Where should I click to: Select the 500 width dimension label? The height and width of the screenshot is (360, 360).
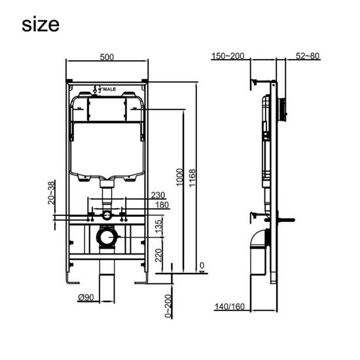click(x=107, y=57)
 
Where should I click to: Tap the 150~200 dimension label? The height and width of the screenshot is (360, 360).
click(x=228, y=56)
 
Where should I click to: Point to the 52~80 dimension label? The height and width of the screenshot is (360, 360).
click(x=307, y=56)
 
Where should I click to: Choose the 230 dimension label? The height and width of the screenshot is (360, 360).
click(x=158, y=194)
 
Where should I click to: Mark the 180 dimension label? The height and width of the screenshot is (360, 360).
click(x=162, y=205)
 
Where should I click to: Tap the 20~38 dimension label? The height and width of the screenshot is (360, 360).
click(x=52, y=193)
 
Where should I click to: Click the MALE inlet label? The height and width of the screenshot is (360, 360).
click(x=106, y=86)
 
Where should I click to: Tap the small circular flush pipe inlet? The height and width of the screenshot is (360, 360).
click(x=106, y=215)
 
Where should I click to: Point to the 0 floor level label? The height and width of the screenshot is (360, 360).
click(x=202, y=265)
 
